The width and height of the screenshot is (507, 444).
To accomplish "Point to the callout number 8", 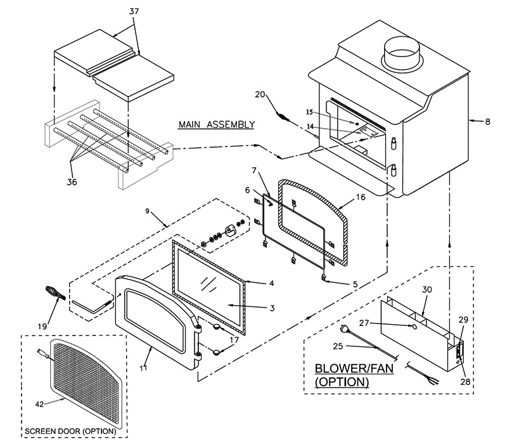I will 487,121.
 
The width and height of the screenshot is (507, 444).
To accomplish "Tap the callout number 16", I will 361,198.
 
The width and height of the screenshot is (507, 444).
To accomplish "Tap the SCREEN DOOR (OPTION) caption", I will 70,431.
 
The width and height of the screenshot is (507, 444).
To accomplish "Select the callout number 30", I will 427,289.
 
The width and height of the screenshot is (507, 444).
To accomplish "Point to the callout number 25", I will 337,346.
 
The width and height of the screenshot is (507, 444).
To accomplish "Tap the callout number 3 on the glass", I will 272,308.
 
